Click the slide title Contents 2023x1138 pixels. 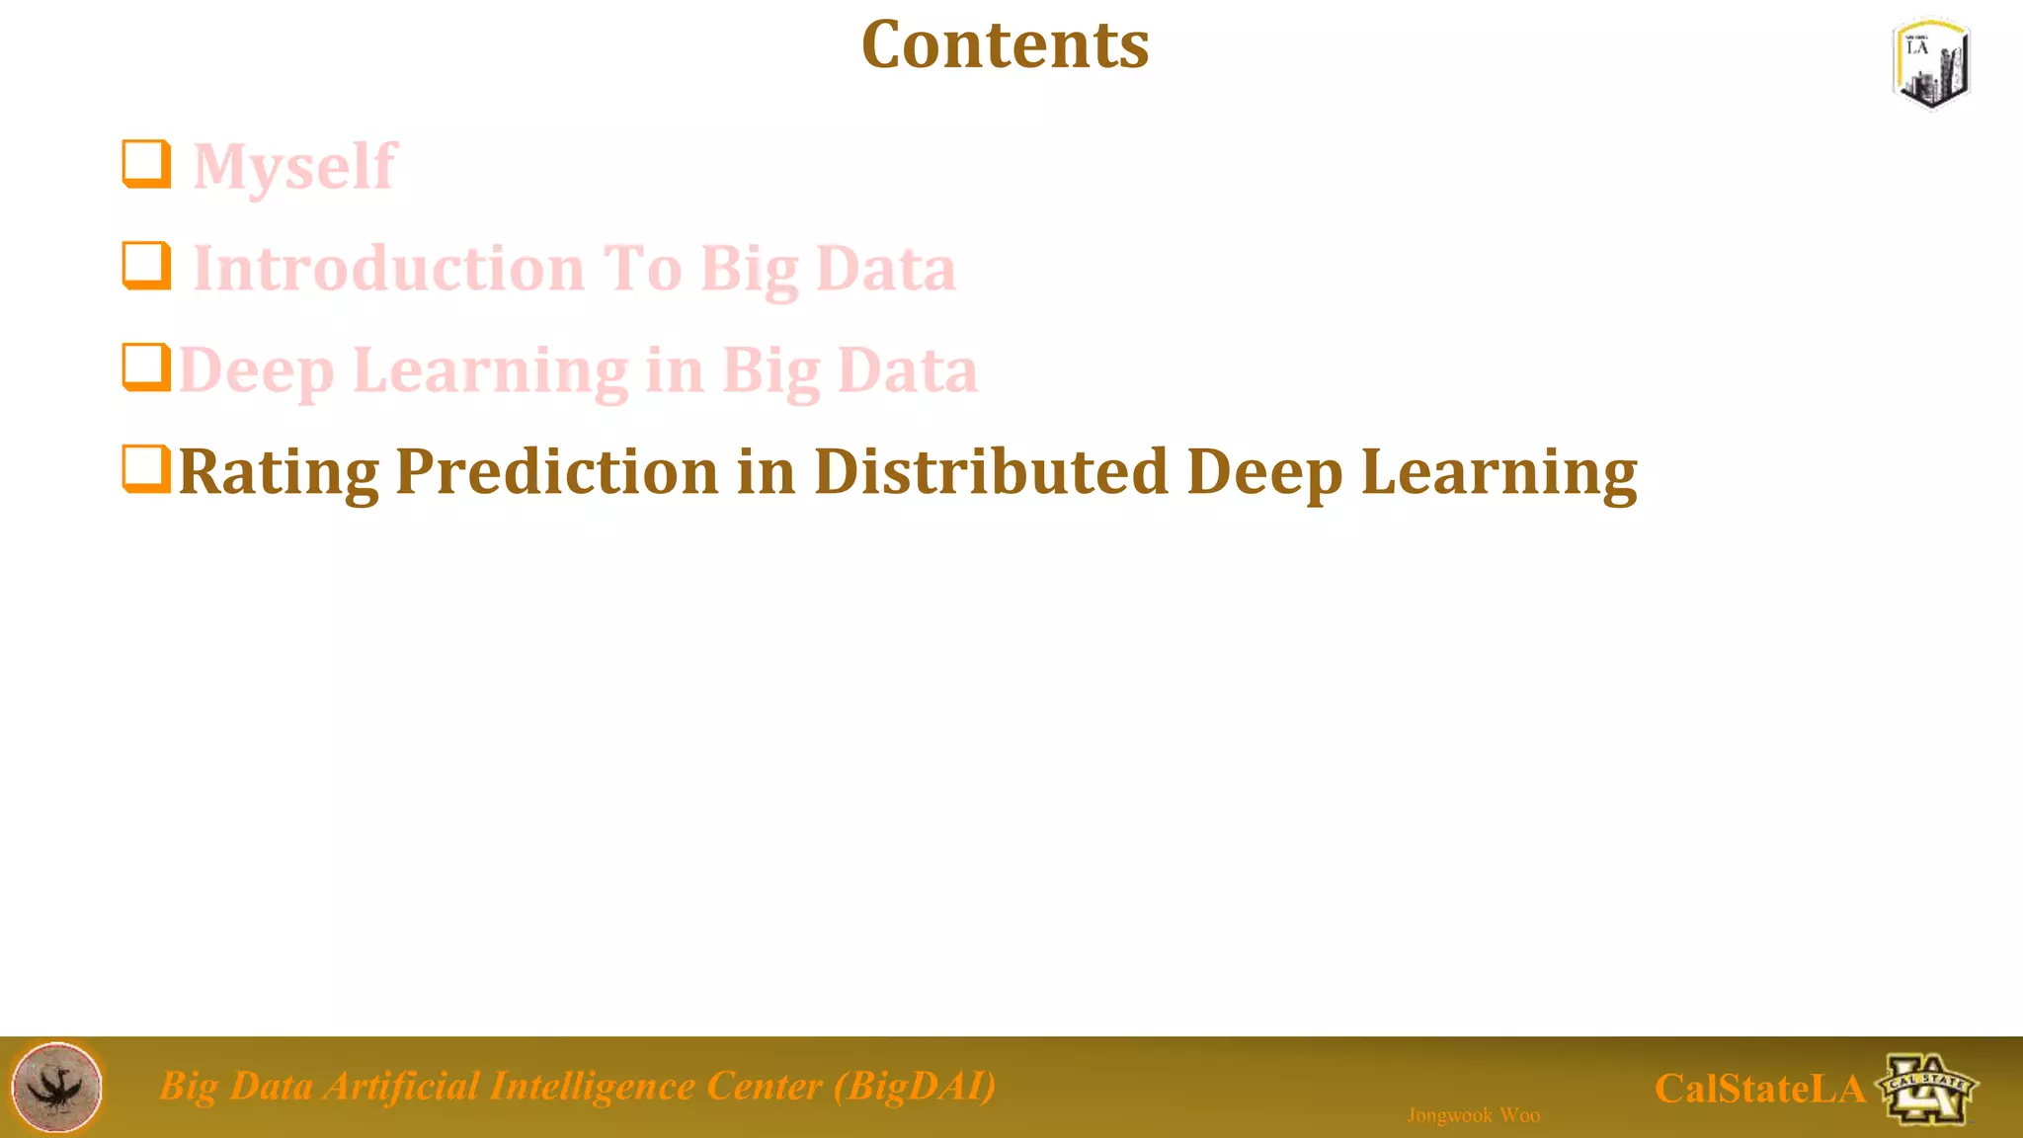pyautogui.click(x=1005, y=45)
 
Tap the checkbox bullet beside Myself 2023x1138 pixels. pyautogui.click(x=146, y=164)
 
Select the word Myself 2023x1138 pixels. pyautogui.click(x=294, y=166)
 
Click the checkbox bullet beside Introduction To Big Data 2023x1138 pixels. pyautogui.click(x=146, y=266)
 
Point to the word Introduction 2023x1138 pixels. pyautogui.click(x=389, y=269)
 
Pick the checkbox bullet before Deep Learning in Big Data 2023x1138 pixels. pyautogui.click(x=146, y=367)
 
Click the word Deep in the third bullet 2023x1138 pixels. pyautogui.click(x=257, y=371)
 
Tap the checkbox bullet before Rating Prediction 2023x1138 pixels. pyautogui.click(x=146, y=469)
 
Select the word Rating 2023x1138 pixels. pyautogui.click(x=278, y=472)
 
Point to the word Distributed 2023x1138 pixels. pyautogui.click(x=991, y=472)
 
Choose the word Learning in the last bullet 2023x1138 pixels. pyautogui.click(x=1498, y=472)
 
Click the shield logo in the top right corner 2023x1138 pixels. pyautogui.click(x=1931, y=63)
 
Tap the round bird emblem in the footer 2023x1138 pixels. pyautogui.click(x=56, y=1087)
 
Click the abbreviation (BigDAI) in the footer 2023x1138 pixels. pyautogui.click(x=914, y=1086)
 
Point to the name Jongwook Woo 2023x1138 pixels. pyautogui.click(x=1473, y=1115)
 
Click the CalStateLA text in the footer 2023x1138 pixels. pyautogui.click(x=1759, y=1089)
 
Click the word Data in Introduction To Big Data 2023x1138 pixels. pyautogui.click(x=886, y=269)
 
